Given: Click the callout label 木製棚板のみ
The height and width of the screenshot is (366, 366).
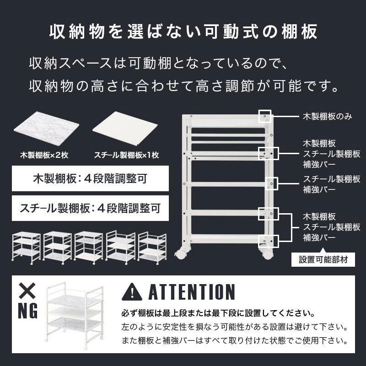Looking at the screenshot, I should coord(327,116).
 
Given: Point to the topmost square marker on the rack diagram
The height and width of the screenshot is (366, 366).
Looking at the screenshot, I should coord(265,116).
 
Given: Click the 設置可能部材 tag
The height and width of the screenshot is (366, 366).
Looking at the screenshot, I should coord(323,259).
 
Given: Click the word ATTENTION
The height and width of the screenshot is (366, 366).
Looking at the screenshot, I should coord(191,292).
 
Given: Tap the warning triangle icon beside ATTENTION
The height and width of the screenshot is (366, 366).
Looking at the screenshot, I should coord(132,291).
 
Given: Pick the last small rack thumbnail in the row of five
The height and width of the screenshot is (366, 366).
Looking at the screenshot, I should coord(152,248).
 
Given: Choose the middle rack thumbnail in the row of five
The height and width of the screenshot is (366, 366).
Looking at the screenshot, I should coord(89,248).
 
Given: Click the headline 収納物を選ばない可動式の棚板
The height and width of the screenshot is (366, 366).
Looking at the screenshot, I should coord(183,33).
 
